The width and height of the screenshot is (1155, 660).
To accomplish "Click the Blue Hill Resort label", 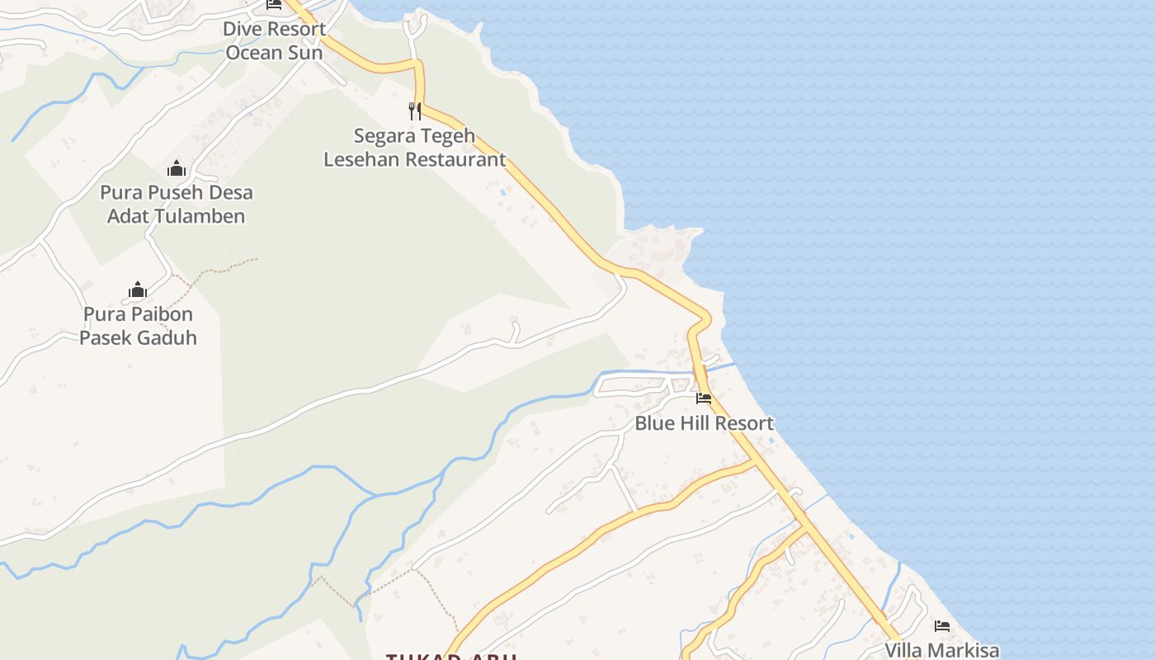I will click(704, 423).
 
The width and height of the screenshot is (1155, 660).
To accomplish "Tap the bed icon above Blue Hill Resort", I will click(704, 398).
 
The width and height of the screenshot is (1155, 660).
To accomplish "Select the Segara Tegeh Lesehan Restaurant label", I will click(414, 148).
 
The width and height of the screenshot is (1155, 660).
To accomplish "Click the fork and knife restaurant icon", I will click(415, 111).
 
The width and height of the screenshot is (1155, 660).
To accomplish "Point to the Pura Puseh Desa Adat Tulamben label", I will click(177, 205).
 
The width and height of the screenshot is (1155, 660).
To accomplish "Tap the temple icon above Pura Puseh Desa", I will click(177, 169).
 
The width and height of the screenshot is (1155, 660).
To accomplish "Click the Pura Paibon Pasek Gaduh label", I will click(138, 326).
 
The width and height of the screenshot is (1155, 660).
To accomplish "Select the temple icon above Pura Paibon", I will click(138, 290).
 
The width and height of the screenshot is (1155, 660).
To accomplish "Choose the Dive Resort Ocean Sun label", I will click(274, 40).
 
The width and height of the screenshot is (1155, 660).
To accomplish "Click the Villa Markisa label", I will click(942, 650).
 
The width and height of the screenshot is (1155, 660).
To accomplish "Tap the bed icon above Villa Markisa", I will click(942, 626).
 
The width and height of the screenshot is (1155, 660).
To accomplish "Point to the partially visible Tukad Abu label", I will click(451, 656).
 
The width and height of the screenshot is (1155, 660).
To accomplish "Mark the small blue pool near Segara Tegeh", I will click(502, 192).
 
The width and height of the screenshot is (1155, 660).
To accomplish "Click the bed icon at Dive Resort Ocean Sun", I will click(274, 4).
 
